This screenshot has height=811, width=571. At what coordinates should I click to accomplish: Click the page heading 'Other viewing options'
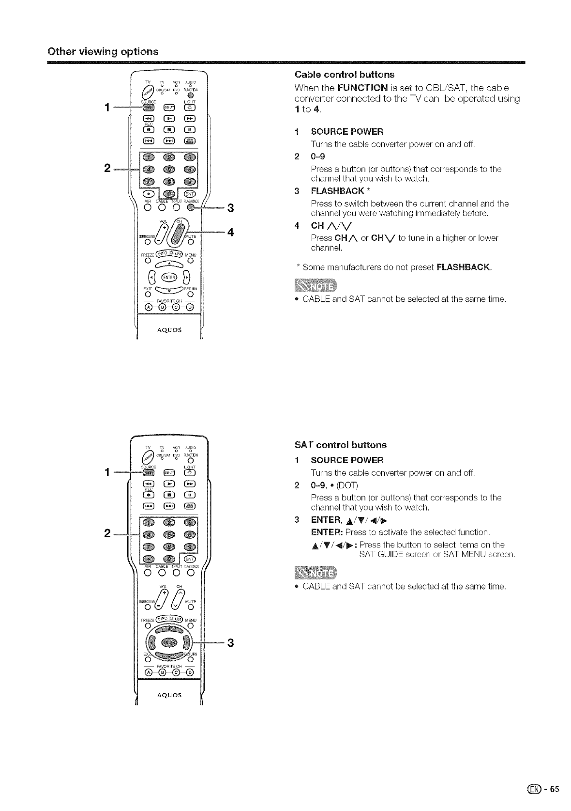(x=103, y=51)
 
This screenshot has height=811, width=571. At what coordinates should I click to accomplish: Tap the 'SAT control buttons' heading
(x=341, y=445)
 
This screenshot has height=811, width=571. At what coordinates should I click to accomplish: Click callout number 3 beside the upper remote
(x=230, y=208)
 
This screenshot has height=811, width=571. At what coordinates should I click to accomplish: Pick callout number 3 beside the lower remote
(x=230, y=643)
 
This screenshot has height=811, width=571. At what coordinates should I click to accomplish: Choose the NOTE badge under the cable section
(x=322, y=285)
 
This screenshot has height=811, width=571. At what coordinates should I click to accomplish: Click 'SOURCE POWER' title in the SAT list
(x=347, y=460)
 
